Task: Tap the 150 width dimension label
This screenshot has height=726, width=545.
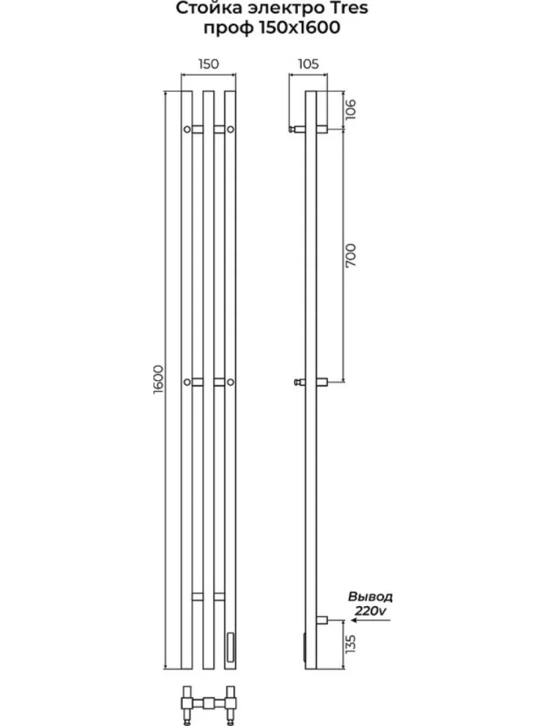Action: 208,64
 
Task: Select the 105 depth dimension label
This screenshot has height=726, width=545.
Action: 308,64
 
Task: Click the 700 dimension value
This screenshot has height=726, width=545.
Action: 350,255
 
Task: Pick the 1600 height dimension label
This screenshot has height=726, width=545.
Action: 158,379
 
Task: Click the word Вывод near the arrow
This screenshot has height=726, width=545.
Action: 371,597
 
